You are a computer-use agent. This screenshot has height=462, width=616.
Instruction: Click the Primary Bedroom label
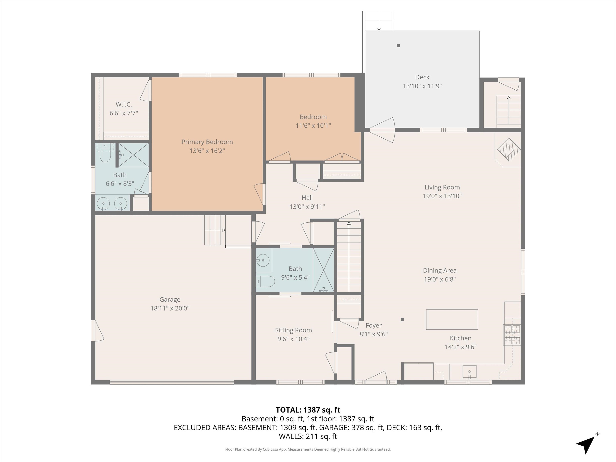(x=207, y=142)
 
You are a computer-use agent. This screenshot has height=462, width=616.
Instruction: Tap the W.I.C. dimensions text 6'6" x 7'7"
(x=124, y=113)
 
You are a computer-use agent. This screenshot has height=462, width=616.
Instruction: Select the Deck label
(x=422, y=77)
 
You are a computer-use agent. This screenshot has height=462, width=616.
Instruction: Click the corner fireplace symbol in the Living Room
(x=509, y=150)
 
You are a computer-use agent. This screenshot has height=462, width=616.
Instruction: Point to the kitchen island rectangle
(x=452, y=319)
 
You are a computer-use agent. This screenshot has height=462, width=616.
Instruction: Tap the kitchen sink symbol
(x=469, y=372)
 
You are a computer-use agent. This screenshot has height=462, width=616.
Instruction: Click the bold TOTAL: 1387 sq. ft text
(x=308, y=410)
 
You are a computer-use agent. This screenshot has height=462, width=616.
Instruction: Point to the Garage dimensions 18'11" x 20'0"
(x=170, y=308)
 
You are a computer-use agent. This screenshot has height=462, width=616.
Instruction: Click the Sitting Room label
(x=293, y=330)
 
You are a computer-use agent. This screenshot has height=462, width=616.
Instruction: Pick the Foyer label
(x=373, y=325)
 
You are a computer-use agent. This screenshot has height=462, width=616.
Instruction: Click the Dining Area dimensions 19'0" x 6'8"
(x=440, y=279)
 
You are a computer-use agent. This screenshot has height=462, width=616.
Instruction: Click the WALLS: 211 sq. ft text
(x=308, y=436)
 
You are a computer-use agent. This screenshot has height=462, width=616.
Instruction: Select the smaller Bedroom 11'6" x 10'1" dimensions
(x=313, y=126)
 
